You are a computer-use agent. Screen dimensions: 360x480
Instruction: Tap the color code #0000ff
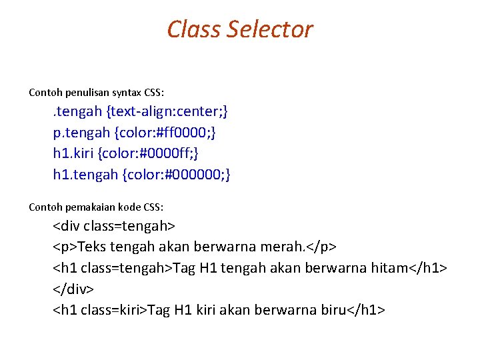162,153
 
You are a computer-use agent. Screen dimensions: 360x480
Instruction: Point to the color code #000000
193,175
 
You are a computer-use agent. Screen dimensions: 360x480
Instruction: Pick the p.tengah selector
74,133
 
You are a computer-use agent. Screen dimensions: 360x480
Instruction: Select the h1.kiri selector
73,153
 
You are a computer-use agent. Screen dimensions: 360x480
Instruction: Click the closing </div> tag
73,289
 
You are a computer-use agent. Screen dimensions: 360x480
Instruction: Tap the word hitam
389,268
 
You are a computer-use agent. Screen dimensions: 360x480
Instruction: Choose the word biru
327,311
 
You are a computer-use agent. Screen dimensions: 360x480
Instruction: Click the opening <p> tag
65,247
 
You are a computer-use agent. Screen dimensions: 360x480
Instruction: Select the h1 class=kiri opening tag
99,311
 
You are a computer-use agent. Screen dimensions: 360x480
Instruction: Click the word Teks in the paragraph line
93,247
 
